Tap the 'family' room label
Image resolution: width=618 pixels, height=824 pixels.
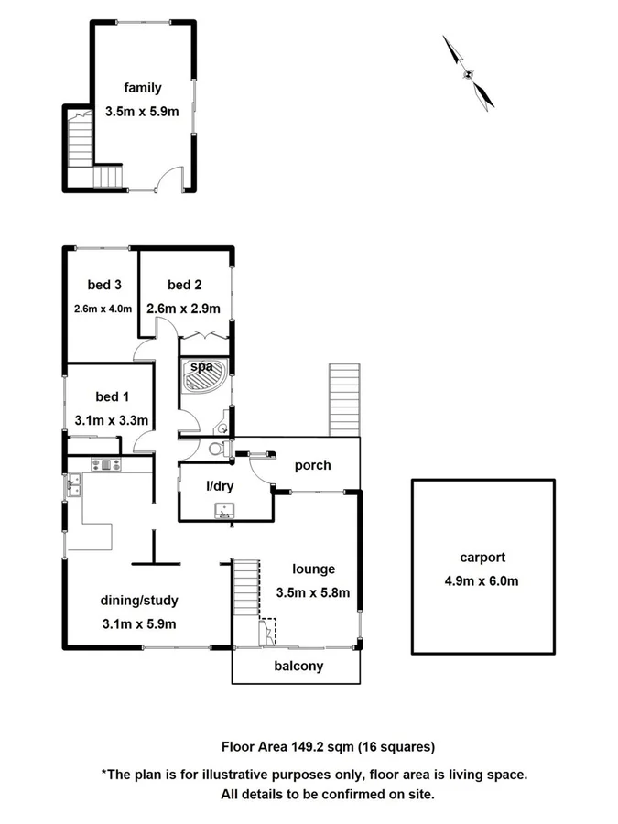[x=142, y=88]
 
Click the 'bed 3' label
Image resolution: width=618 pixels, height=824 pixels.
[x=105, y=284]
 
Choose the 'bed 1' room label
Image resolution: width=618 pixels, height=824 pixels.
[x=112, y=396]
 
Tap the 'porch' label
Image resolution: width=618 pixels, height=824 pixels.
[x=312, y=465]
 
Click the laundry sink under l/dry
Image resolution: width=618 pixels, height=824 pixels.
[x=224, y=510]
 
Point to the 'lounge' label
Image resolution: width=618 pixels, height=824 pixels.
[x=314, y=569]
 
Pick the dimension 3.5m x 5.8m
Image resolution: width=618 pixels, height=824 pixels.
[x=313, y=591]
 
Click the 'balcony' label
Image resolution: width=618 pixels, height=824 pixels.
[x=298, y=666]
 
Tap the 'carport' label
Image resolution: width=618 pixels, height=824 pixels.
[x=482, y=557]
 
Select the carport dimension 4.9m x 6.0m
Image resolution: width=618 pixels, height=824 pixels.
[x=482, y=580]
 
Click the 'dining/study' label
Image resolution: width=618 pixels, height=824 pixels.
[x=138, y=601]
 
